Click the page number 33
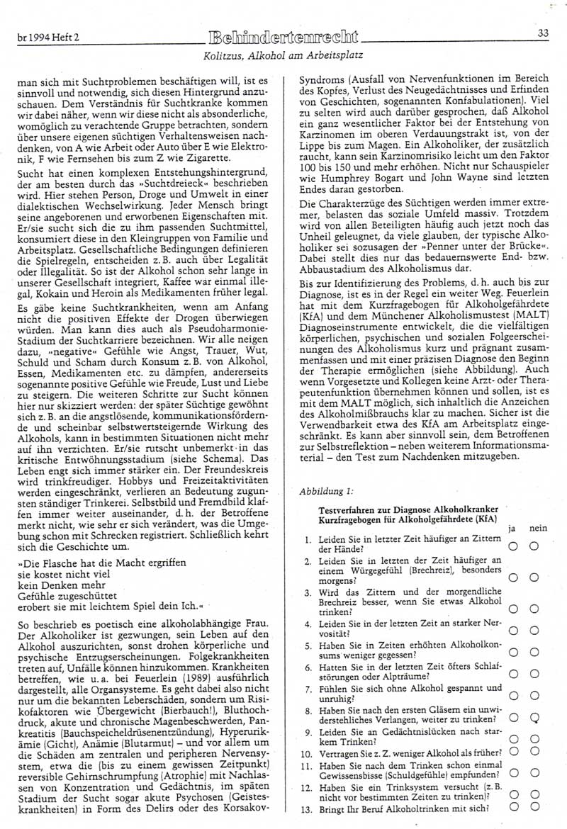(x=544, y=32)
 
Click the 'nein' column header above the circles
(x=538, y=529)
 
